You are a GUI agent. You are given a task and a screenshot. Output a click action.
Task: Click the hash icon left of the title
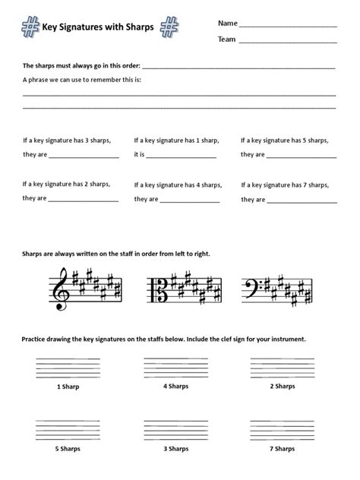pos(30,27)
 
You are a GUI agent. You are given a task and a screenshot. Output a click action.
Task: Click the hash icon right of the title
pos(169,27)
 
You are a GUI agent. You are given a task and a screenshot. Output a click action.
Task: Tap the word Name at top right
pos(227,22)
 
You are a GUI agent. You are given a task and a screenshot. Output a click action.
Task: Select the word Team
pos(227,39)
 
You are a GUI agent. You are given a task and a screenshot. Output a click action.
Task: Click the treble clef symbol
pos(58,289)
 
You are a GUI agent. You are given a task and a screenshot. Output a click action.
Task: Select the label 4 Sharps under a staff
pos(175,386)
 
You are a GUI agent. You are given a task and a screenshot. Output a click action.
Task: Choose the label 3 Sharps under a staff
pos(175,449)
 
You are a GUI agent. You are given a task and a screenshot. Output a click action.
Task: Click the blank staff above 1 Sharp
pos(68,367)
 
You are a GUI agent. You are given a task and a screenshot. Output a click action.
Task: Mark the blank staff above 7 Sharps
pos(282,430)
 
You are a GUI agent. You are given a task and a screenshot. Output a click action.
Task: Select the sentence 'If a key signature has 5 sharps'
pos(284,140)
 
